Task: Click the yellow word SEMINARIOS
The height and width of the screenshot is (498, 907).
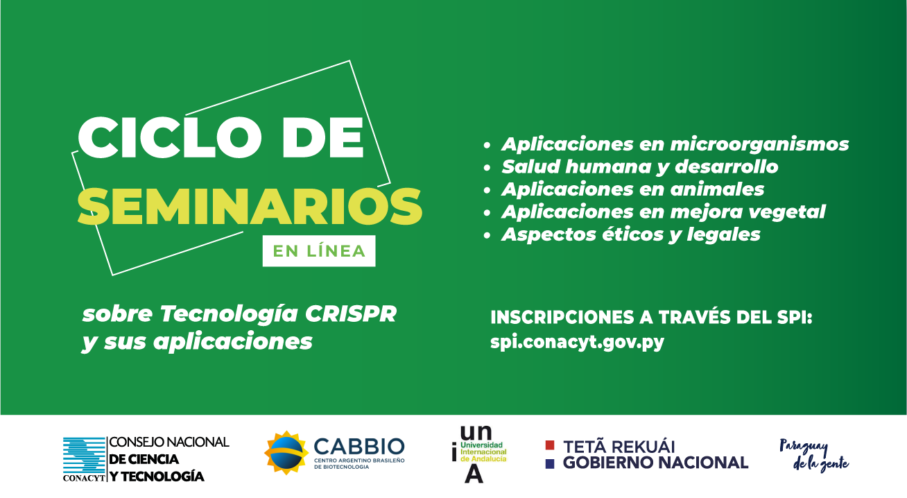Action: point(250,206)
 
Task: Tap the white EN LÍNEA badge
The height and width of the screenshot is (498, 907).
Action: point(319,251)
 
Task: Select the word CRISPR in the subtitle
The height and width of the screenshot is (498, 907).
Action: point(351,314)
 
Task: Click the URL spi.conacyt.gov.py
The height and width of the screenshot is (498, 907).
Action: point(577,343)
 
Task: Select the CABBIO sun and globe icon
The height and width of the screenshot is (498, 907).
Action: point(286,453)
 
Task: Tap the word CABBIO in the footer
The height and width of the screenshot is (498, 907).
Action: point(359,447)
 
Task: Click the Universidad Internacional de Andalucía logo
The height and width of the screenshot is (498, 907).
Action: point(479,454)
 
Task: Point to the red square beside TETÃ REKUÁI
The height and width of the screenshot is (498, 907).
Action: point(550,445)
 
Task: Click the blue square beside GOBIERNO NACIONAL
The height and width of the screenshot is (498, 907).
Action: point(550,464)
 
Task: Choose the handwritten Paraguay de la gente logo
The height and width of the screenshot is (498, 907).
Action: point(814,456)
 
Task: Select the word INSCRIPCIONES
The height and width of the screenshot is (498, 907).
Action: point(562,317)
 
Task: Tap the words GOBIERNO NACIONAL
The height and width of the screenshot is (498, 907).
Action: point(655,463)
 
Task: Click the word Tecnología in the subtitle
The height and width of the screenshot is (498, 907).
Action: point(229,314)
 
